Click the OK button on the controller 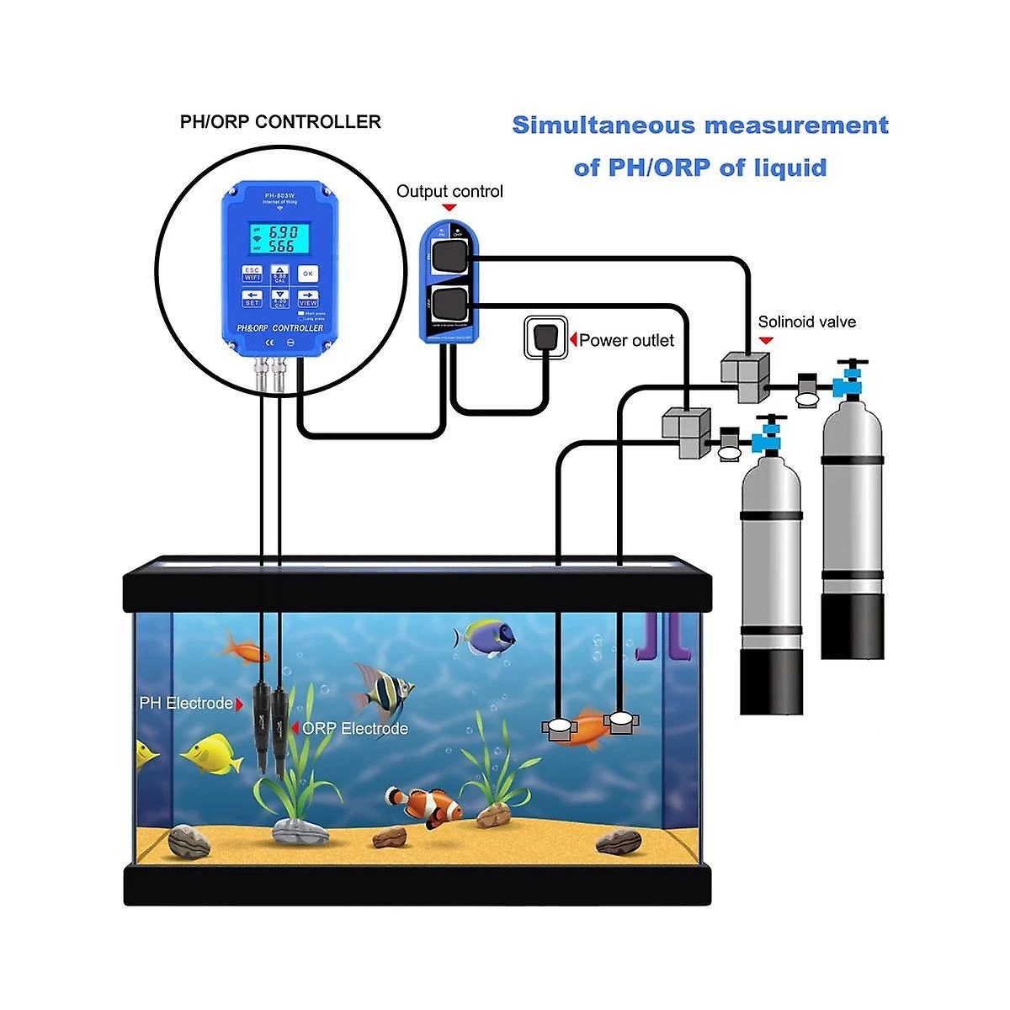(308, 274)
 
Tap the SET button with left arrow (252, 299)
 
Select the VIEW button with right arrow (308, 299)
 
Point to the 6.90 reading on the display (282, 231)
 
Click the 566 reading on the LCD (282, 247)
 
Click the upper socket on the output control (449, 254)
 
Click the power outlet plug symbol (545, 338)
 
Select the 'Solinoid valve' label (806, 322)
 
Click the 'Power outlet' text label (626, 340)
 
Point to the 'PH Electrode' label (186, 703)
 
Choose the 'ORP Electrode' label (355, 728)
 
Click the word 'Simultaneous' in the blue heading (603, 125)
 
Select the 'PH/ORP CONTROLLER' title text (280, 122)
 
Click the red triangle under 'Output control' (449, 207)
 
